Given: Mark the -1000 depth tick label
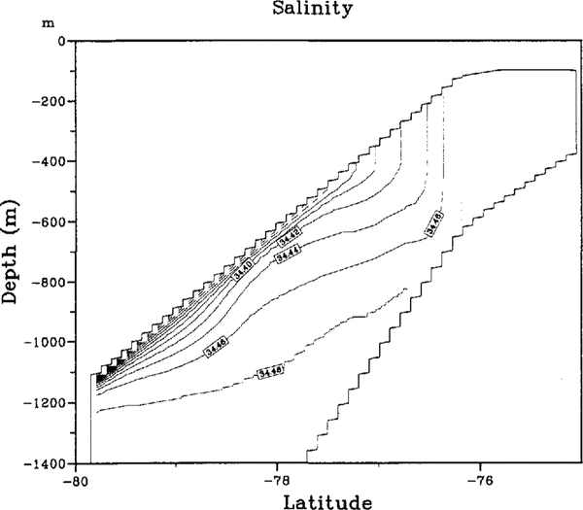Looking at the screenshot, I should (45, 343).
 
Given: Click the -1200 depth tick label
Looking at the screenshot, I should (45, 403).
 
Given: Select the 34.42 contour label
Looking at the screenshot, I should (290, 236).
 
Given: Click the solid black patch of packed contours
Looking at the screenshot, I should (109, 368).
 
